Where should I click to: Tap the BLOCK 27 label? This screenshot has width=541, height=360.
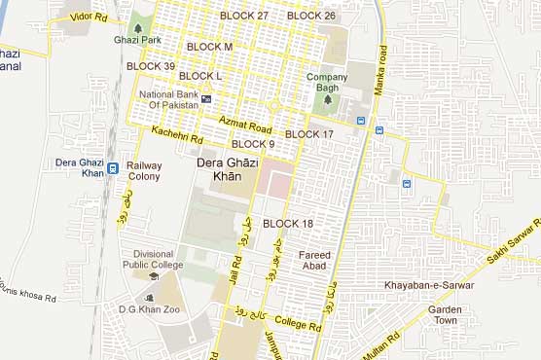tap(244, 17)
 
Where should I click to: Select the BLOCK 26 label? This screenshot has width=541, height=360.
tap(311, 16)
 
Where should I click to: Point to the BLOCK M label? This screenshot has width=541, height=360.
tap(209, 47)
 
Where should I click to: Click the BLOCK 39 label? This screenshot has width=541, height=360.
tap(150, 66)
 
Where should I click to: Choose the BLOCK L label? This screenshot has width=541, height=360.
tap(200, 76)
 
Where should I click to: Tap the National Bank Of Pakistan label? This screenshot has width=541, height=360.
tap(169, 100)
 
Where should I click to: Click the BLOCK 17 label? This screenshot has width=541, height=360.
tap(309, 134)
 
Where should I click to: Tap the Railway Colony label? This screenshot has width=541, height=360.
tap(144, 172)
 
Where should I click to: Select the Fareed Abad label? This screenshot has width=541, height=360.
tap(314, 261)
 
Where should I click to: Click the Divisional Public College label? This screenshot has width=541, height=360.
tap(152, 259)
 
